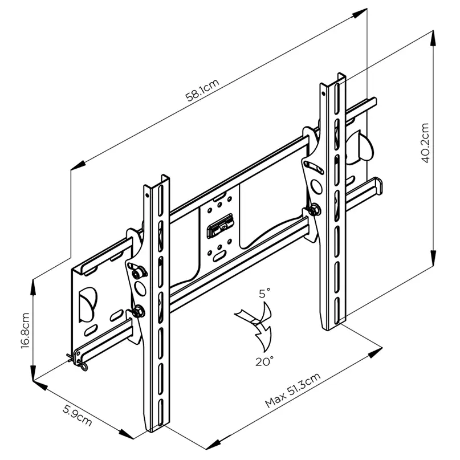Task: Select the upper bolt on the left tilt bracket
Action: [x=138, y=274]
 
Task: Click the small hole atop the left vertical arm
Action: [x=148, y=192]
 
